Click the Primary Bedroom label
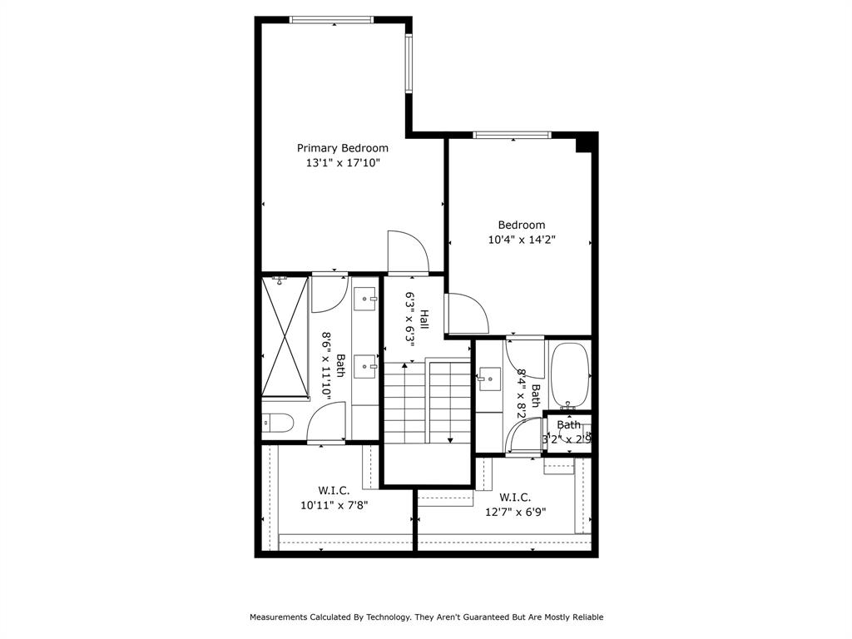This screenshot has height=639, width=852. tap(342, 148)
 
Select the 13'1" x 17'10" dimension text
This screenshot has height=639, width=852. tap(342, 164)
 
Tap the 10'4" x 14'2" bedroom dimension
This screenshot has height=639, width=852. tap(522, 240)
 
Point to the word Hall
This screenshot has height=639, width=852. tap(424, 318)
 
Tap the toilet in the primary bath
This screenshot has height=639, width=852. tap(277, 424)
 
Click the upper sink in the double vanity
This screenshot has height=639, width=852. tap(365, 297)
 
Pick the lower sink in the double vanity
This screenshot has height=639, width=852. tap(365, 364)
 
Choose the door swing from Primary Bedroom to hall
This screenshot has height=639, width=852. tap(408, 251)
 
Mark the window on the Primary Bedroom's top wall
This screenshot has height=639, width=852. tap(331, 19)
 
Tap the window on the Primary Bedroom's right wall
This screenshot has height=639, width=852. tap(409, 63)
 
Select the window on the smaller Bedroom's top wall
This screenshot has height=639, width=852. tap(512, 135)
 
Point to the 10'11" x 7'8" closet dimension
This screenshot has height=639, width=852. tap(334, 504)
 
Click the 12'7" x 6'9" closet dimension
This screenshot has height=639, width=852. tap(516, 512)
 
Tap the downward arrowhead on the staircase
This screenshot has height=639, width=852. tap(450, 439)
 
